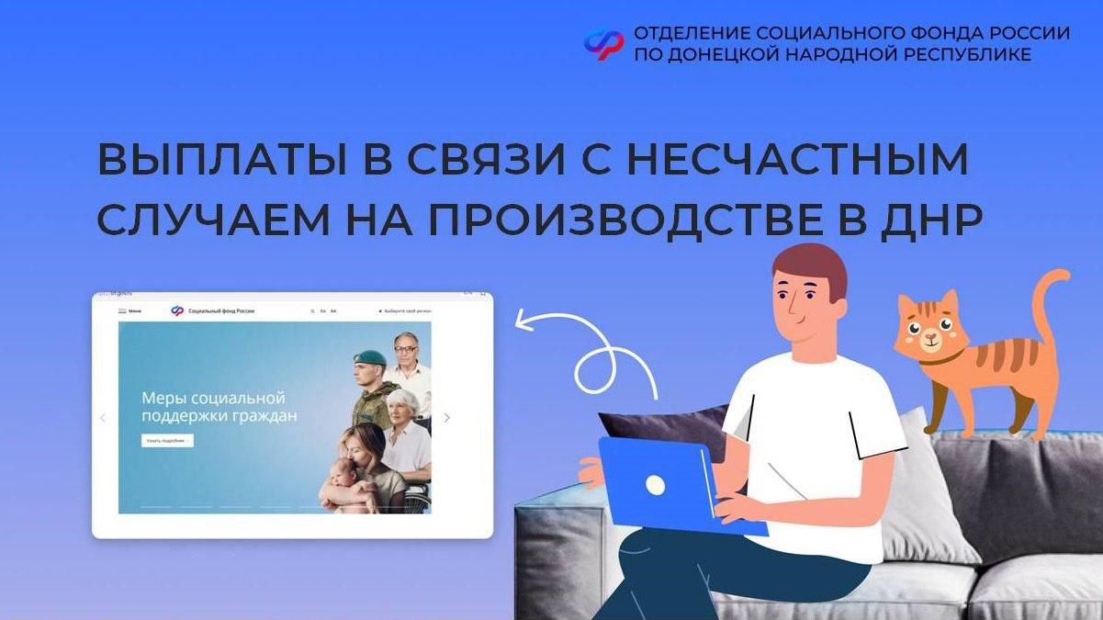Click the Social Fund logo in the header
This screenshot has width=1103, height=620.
tap(603, 43)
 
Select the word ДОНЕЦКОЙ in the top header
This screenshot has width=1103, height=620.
tap(716, 55)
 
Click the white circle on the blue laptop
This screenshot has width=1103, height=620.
tap(655, 485)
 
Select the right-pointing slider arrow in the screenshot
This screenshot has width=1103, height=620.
tap(447, 418)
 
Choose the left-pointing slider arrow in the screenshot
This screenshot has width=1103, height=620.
tap(103, 418)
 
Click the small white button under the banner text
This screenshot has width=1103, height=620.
tap(167, 441)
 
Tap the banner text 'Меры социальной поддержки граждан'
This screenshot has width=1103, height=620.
tap(219, 407)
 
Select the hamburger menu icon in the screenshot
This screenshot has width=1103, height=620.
tap(122, 311)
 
